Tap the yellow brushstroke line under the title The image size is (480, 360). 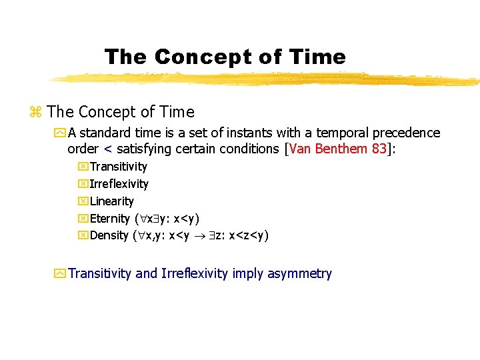pyautogui.click(x=267, y=79)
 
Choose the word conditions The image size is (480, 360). pyautogui.click(x=249, y=149)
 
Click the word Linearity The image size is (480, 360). pyautogui.click(x=112, y=201)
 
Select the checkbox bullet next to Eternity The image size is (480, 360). pyautogui.click(x=83, y=219)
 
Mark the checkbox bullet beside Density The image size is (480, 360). pyautogui.click(x=83, y=236)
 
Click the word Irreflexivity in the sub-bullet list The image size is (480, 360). pyautogui.click(x=119, y=184)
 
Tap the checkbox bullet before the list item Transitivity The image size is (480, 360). pyautogui.click(x=83, y=167)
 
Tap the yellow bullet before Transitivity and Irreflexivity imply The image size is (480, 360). pyautogui.click(x=60, y=273)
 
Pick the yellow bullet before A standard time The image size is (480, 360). pyautogui.click(x=60, y=133)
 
